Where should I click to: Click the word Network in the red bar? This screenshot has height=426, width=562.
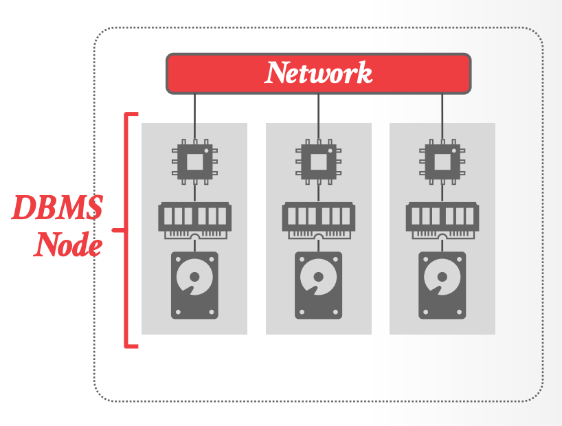point(319,73)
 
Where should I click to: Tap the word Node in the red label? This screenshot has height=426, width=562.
point(68,244)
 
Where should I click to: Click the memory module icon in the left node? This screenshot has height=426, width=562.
point(194,217)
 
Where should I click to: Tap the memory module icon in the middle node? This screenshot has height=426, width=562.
point(318,217)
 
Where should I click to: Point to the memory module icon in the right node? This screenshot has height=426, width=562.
point(442,217)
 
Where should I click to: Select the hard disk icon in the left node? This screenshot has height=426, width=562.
point(194,284)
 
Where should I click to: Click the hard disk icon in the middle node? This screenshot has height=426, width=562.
point(318,284)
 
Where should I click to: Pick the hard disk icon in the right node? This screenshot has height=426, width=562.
point(442,284)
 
